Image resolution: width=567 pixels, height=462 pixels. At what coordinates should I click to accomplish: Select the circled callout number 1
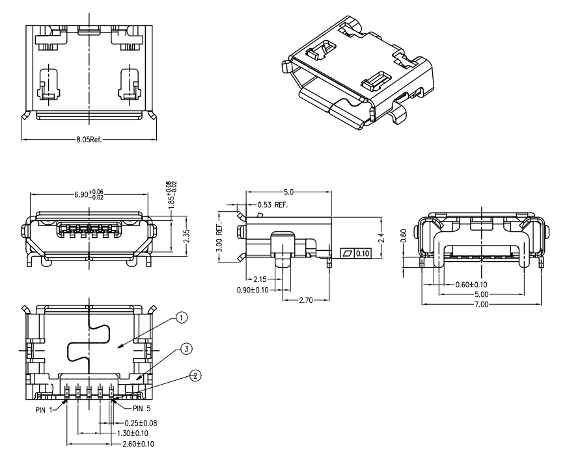(183, 317)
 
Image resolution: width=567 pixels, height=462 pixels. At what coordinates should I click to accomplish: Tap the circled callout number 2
(195, 375)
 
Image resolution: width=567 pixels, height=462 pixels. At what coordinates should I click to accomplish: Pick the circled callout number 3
(186, 350)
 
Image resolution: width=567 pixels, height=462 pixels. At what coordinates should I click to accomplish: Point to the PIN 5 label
(145, 409)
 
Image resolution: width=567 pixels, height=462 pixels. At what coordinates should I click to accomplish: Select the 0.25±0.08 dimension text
(141, 423)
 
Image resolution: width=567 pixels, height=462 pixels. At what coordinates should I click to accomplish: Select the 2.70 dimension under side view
(307, 301)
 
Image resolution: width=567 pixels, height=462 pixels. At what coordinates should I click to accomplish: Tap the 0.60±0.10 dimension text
(471, 285)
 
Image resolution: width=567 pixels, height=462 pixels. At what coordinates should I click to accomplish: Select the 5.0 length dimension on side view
(288, 192)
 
